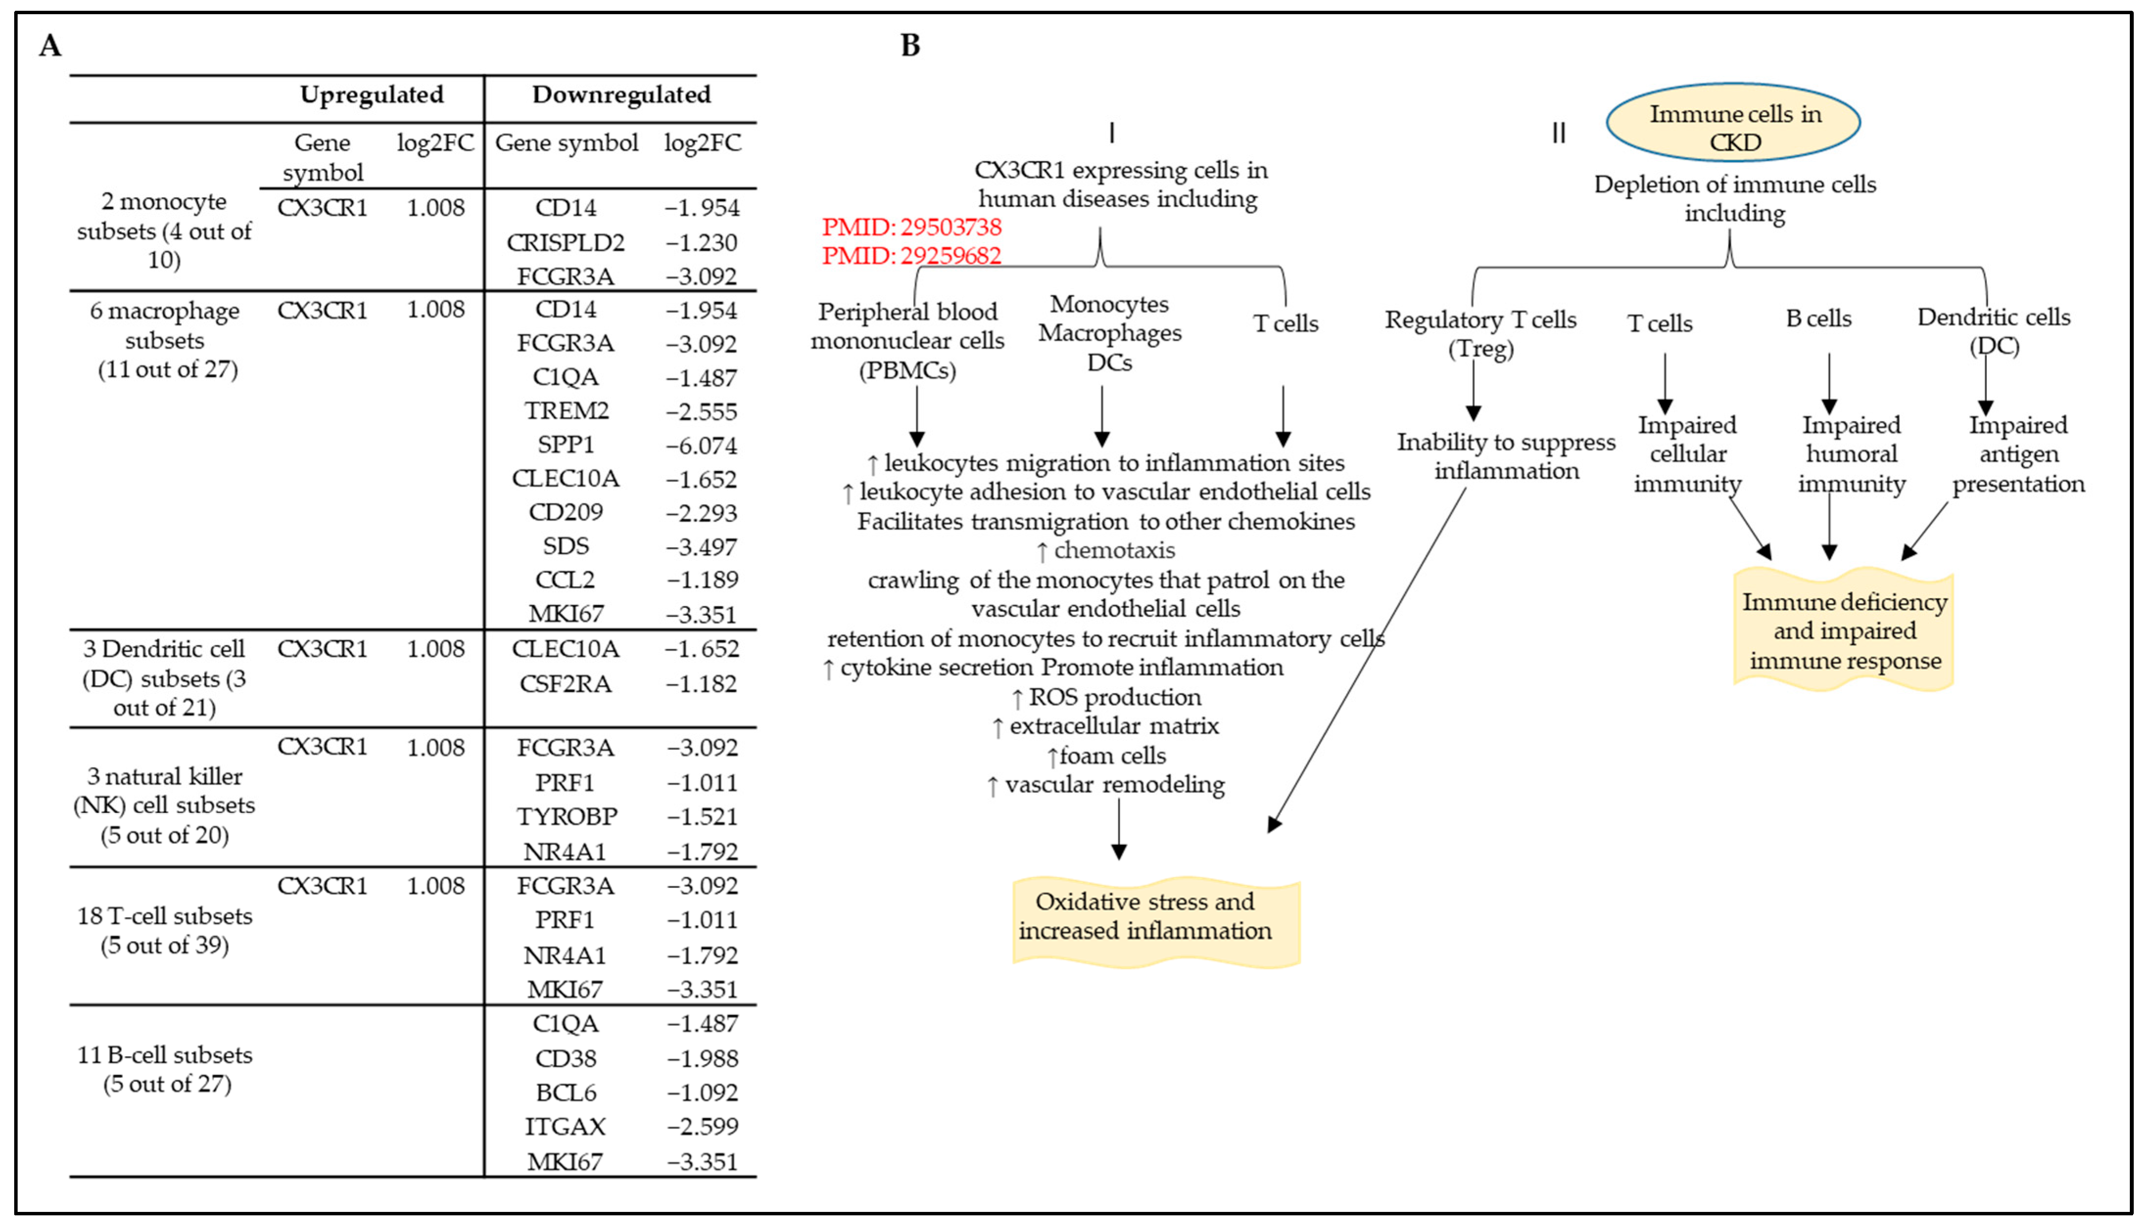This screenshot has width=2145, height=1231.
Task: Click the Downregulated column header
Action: [621, 94]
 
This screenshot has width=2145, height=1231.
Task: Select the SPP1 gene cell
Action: [566, 445]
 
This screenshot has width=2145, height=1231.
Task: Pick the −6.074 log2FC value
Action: [702, 445]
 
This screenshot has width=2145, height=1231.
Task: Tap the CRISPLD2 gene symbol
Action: [566, 243]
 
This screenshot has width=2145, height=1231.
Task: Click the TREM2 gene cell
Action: [566, 411]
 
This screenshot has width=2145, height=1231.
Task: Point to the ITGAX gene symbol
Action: [566, 1126]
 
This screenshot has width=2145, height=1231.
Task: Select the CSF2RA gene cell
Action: [566, 683]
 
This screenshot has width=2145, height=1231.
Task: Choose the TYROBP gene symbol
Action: [566, 817]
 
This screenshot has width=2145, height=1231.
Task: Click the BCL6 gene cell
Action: [566, 1092]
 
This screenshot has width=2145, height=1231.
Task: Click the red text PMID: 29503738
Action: [912, 227]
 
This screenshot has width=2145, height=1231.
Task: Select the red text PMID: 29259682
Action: [912, 255]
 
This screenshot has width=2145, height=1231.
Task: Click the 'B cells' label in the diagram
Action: [1818, 319]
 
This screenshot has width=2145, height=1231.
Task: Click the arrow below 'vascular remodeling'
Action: [1119, 829]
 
